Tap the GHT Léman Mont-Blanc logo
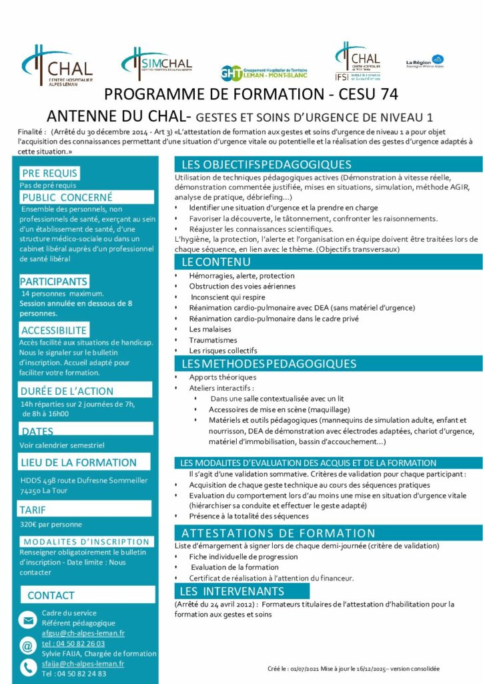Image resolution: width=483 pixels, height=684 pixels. coord(266,71)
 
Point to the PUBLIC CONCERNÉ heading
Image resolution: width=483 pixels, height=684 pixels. coord(67,197)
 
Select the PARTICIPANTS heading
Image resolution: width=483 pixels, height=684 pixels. coord(53,281)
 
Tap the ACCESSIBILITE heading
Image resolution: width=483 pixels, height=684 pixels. coord(54,330)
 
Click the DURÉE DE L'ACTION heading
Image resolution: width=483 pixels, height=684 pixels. coord(67,391)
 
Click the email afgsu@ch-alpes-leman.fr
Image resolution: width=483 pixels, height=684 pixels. coord(83,633)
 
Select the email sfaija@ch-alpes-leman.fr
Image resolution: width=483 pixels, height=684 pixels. coord(83,663)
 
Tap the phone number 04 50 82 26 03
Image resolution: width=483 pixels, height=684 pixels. coord(73,643)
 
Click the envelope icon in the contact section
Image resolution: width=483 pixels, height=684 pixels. coord(28,621)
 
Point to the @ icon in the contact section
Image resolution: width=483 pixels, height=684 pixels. coord(27,645)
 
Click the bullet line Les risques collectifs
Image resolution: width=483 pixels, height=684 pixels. coord(223,350)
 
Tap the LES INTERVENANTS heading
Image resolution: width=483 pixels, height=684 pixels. coord(232,591)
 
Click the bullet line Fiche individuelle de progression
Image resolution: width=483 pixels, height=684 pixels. coord(233,556)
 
